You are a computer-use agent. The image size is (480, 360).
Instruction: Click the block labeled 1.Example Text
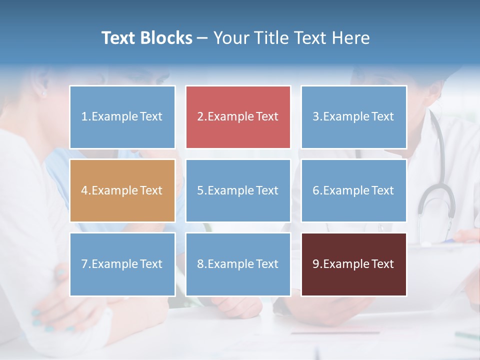click(122, 117)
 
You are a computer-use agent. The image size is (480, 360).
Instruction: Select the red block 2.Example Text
click(238, 117)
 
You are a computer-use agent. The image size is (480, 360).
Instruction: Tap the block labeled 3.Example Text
click(353, 117)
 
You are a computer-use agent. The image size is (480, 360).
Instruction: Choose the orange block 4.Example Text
click(122, 190)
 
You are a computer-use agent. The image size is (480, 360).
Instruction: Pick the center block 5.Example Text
click(238, 190)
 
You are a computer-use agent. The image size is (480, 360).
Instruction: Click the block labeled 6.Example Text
click(353, 190)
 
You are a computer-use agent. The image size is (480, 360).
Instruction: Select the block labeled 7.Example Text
click(122, 264)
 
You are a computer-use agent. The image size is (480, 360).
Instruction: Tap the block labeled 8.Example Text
click(238, 264)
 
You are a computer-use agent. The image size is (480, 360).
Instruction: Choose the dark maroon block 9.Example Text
click(353, 264)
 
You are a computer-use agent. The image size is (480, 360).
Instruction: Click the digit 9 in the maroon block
click(316, 264)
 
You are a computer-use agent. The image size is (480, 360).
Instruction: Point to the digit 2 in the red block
click(200, 117)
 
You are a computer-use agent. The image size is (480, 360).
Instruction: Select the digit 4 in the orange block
click(84, 190)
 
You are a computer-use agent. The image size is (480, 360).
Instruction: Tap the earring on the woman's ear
click(43, 93)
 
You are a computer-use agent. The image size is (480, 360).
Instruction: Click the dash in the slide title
click(202, 38)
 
